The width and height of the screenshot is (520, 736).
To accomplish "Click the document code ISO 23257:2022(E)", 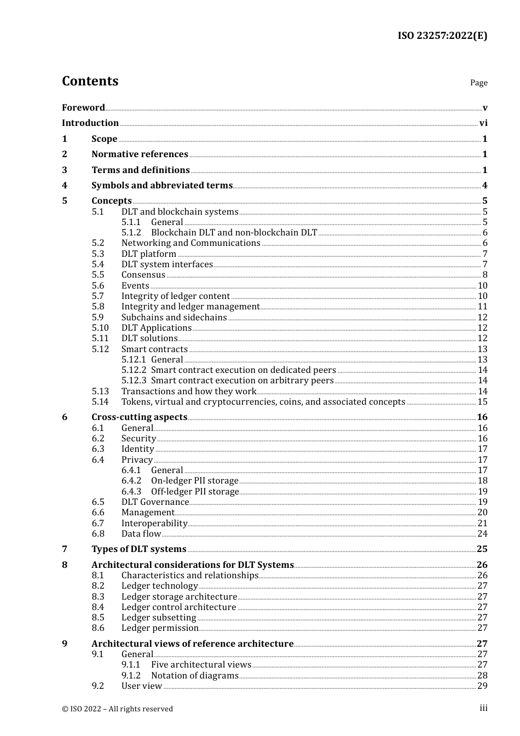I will [x=442, y=36].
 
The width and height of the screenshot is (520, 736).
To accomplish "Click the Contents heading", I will [x=90, y=81].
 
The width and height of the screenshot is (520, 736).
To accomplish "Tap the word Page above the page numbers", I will [x=478, y=83].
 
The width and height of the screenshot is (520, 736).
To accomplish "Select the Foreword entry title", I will [x=83, y=107].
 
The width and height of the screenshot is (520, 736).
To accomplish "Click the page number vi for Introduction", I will [x=483, y=123].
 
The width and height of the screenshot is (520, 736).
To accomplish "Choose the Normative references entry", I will [x=140, y=154].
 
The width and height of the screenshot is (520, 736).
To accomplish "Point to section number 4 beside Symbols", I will [x=65, y=186].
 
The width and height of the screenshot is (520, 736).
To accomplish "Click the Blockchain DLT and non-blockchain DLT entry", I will [x=234, y=233].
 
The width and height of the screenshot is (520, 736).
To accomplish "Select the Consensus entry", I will [x=143, y=275].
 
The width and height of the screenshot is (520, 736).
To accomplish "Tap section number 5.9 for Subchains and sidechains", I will [x=97, y=318].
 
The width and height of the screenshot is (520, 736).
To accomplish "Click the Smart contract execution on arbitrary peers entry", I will [x=242, y=381].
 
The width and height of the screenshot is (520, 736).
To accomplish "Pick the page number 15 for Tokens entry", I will [x=482, y=402].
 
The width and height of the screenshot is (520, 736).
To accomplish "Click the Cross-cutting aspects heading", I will [x=139, y=417].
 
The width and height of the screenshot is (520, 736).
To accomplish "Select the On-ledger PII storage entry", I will [x=194, y=481].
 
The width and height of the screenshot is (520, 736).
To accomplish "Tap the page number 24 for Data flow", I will [x=482, y=534].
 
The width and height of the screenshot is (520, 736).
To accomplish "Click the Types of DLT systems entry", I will [x=138, y=549].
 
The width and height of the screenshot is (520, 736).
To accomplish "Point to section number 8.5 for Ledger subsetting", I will [x=97, y=618].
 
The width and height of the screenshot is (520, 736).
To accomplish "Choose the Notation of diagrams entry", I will [x=194, y=676].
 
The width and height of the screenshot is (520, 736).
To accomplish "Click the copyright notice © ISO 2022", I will [x=117, y=709].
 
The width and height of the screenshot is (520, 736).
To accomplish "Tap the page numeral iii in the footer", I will [x=483, y=708].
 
